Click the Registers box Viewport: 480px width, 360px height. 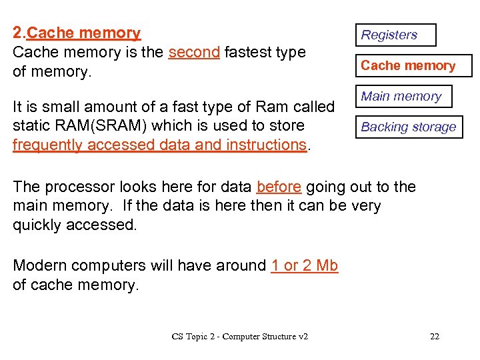point(395,35)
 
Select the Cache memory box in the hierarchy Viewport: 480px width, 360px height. point(413,65)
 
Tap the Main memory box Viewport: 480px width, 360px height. point(403,96)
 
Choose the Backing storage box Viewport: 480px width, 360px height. point(409,127)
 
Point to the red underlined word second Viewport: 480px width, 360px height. point(194,52)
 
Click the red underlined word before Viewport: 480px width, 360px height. point(279,187)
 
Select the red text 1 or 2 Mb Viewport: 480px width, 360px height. point(305,265)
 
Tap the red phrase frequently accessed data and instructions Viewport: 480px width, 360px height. point(159,145)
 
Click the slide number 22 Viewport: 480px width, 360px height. point(435,336)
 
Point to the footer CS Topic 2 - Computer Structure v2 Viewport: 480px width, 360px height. point(240,336)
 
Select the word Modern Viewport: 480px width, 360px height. point(42,265)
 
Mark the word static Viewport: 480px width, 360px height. point(31,125)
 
